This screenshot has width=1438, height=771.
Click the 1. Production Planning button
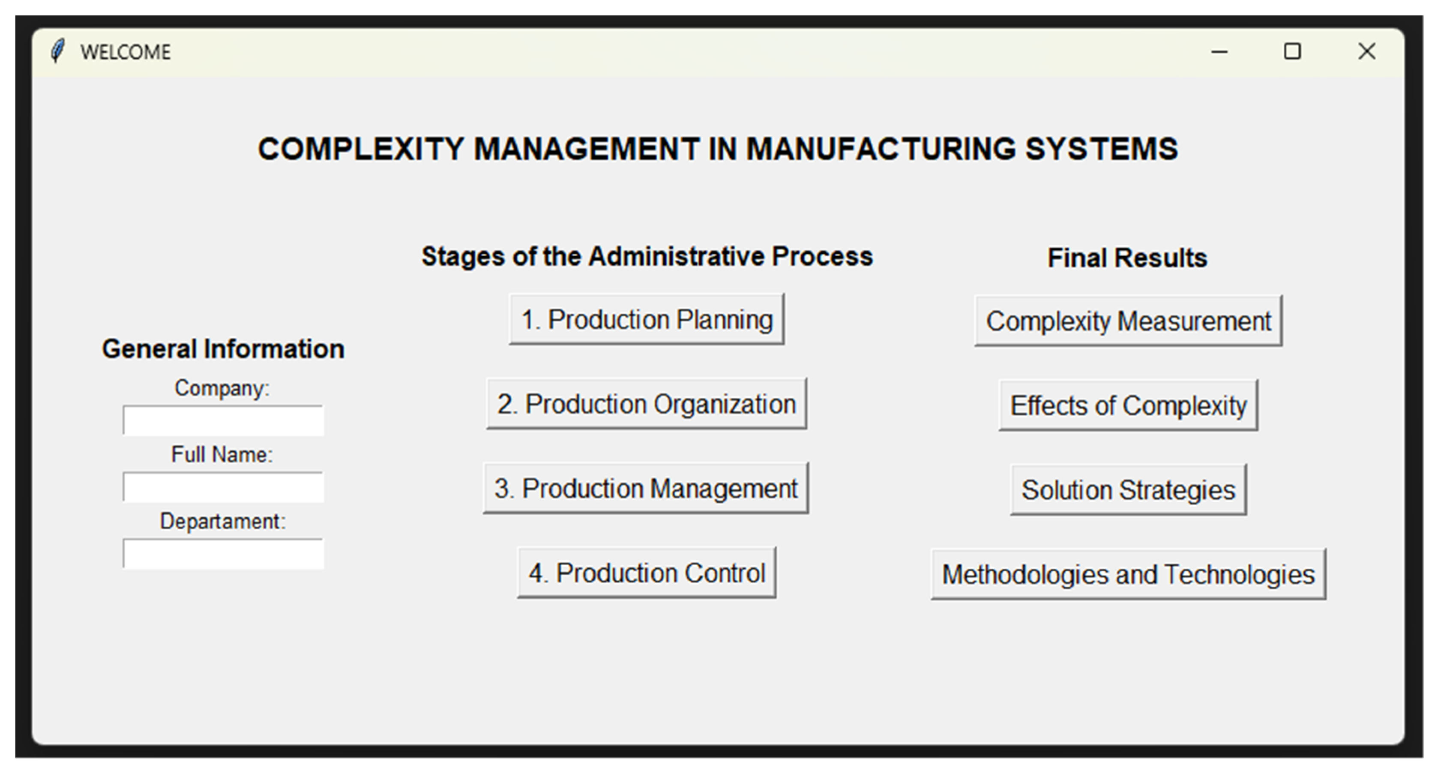click(x=647, y=319)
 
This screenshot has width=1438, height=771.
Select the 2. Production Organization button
click(x=647, y=404)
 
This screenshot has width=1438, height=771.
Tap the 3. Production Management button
click(x=646, y=488)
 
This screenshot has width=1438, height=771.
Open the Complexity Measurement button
click(x=1128, y=321)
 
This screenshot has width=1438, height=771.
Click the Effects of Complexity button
click(x=1128, y=405)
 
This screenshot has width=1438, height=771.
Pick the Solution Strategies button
click(x=1128, y=489)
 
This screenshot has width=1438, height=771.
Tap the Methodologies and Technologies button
click(x=1128, y=574)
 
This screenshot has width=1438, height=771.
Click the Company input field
click(x=223, y=420)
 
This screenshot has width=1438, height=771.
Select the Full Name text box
click(x=223, y=487)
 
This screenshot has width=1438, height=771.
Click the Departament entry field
click(x=223, y=553)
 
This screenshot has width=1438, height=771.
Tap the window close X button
click(x=1366, y=51)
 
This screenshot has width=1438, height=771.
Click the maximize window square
click(x=1292, y=51)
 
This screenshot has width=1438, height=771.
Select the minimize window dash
click(x=1219, y=52)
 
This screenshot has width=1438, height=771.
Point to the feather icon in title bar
click(x=57, y=51)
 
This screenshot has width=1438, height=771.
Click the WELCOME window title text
click(x=126, y=52)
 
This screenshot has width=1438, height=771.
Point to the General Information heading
click(x=223, y=349)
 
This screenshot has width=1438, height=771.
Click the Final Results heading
click(x=1127, y=258)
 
